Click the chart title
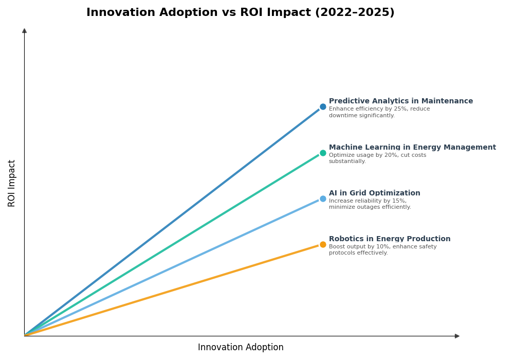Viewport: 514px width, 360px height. click(240, 13)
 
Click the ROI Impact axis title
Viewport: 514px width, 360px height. click(12, 183)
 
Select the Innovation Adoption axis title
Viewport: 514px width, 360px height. click(241, 348)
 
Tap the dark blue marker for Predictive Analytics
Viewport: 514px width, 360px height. click(323, 107)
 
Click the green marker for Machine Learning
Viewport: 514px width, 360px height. click(323, 153)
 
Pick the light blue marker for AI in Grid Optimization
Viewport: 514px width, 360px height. click(323, 199)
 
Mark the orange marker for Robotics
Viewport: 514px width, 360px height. click(323, 244)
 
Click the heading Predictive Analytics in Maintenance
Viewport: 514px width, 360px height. click(400, 101)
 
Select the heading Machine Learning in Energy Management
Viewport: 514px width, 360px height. click(412, 148)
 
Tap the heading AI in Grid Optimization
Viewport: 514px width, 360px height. click(374, 193)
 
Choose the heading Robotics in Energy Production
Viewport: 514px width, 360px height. click(390, 239)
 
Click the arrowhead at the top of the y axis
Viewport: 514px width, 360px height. click(24, 31)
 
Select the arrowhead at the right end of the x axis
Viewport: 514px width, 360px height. click(457, 336)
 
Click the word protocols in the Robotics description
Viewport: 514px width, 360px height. click(342, 253)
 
